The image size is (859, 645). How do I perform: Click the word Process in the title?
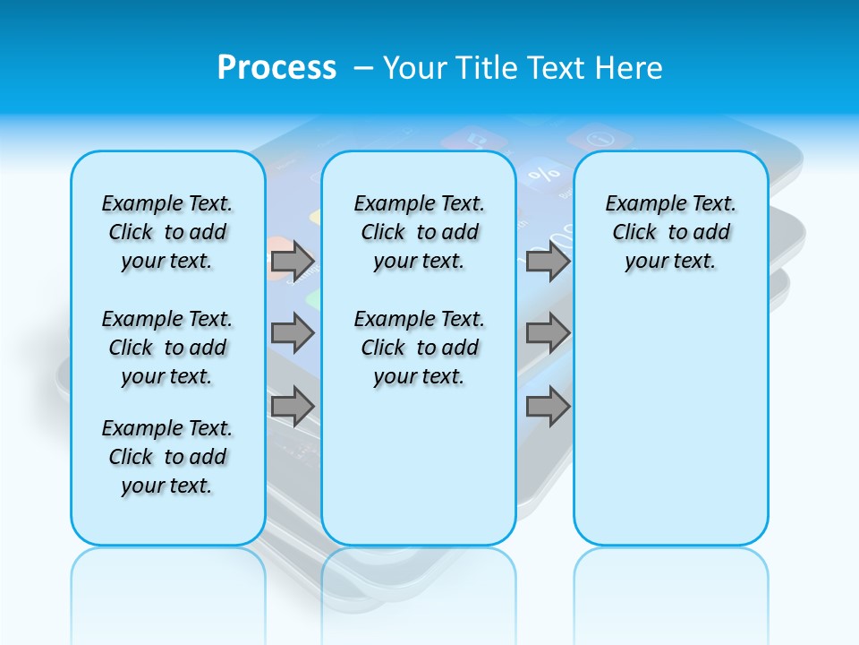[x=276, y=68]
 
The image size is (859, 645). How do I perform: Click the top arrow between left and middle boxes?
[x=293, y=261]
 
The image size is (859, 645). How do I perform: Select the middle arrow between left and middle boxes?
[x=293, y=333]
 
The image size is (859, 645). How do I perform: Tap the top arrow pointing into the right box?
[x=548, y=261]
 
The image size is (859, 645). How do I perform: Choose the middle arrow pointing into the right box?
[x=548, y=333]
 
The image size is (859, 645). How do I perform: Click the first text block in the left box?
[x=167, y=232]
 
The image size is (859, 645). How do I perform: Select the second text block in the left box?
[x=167, y=348]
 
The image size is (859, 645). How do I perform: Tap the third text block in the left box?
[x=167, y=457]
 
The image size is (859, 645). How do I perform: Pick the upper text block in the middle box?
[x=420, y=232]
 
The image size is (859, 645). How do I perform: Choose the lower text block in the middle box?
[x=420, y=348]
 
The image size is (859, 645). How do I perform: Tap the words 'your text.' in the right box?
[x=670, y=262]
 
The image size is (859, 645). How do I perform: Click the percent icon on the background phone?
[x=543, y=173]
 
